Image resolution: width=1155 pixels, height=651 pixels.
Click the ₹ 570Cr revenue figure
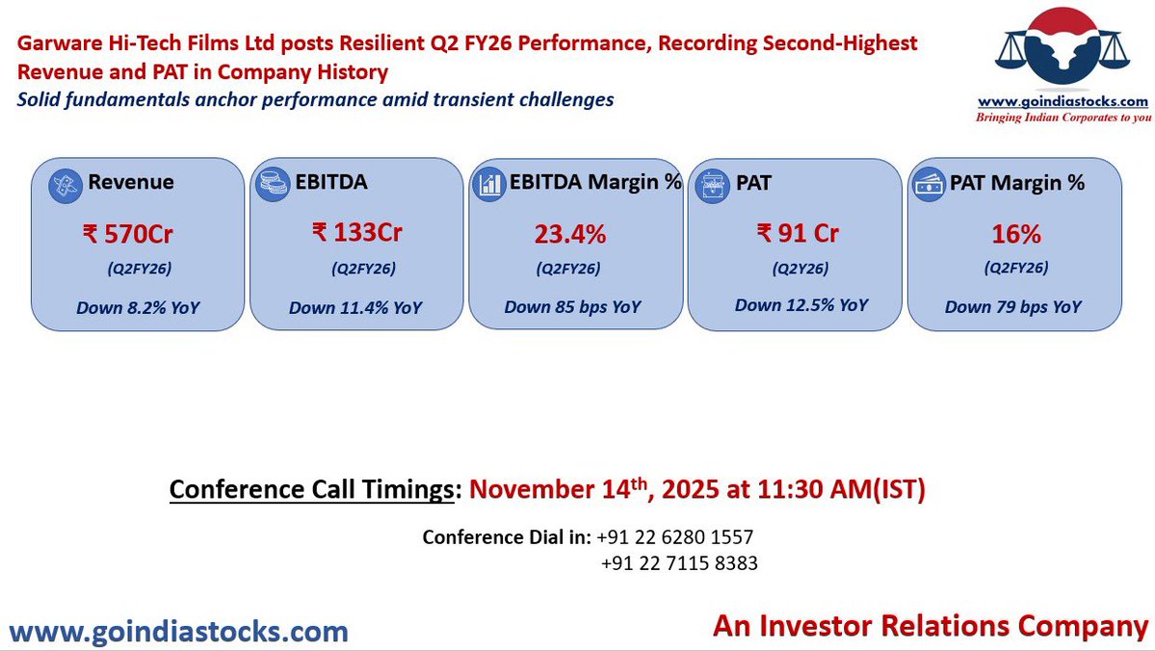tap(128, 232)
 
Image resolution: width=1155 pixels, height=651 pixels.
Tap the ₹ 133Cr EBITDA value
tap(356, 232)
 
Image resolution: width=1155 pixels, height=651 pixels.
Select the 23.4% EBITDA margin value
tap(569, 234)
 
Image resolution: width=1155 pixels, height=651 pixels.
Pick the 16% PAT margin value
tap(1015, 234)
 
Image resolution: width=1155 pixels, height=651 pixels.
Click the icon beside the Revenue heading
tap(66, 183)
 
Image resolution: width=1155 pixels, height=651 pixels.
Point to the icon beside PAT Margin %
tap(928, 183)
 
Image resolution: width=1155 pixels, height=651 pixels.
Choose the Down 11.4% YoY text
tap(355, 308)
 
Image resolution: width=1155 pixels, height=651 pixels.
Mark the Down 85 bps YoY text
tap(572, 308)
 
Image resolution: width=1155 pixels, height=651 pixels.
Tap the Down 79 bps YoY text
tap(1013, 308)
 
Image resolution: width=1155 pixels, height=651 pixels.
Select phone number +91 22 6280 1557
tap(675, 536)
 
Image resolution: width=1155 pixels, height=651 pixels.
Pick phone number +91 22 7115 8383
tap(678, 563)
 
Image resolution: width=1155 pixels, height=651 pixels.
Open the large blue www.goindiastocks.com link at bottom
tap(178, 632)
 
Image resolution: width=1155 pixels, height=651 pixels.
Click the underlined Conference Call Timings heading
tap(311, 489)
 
